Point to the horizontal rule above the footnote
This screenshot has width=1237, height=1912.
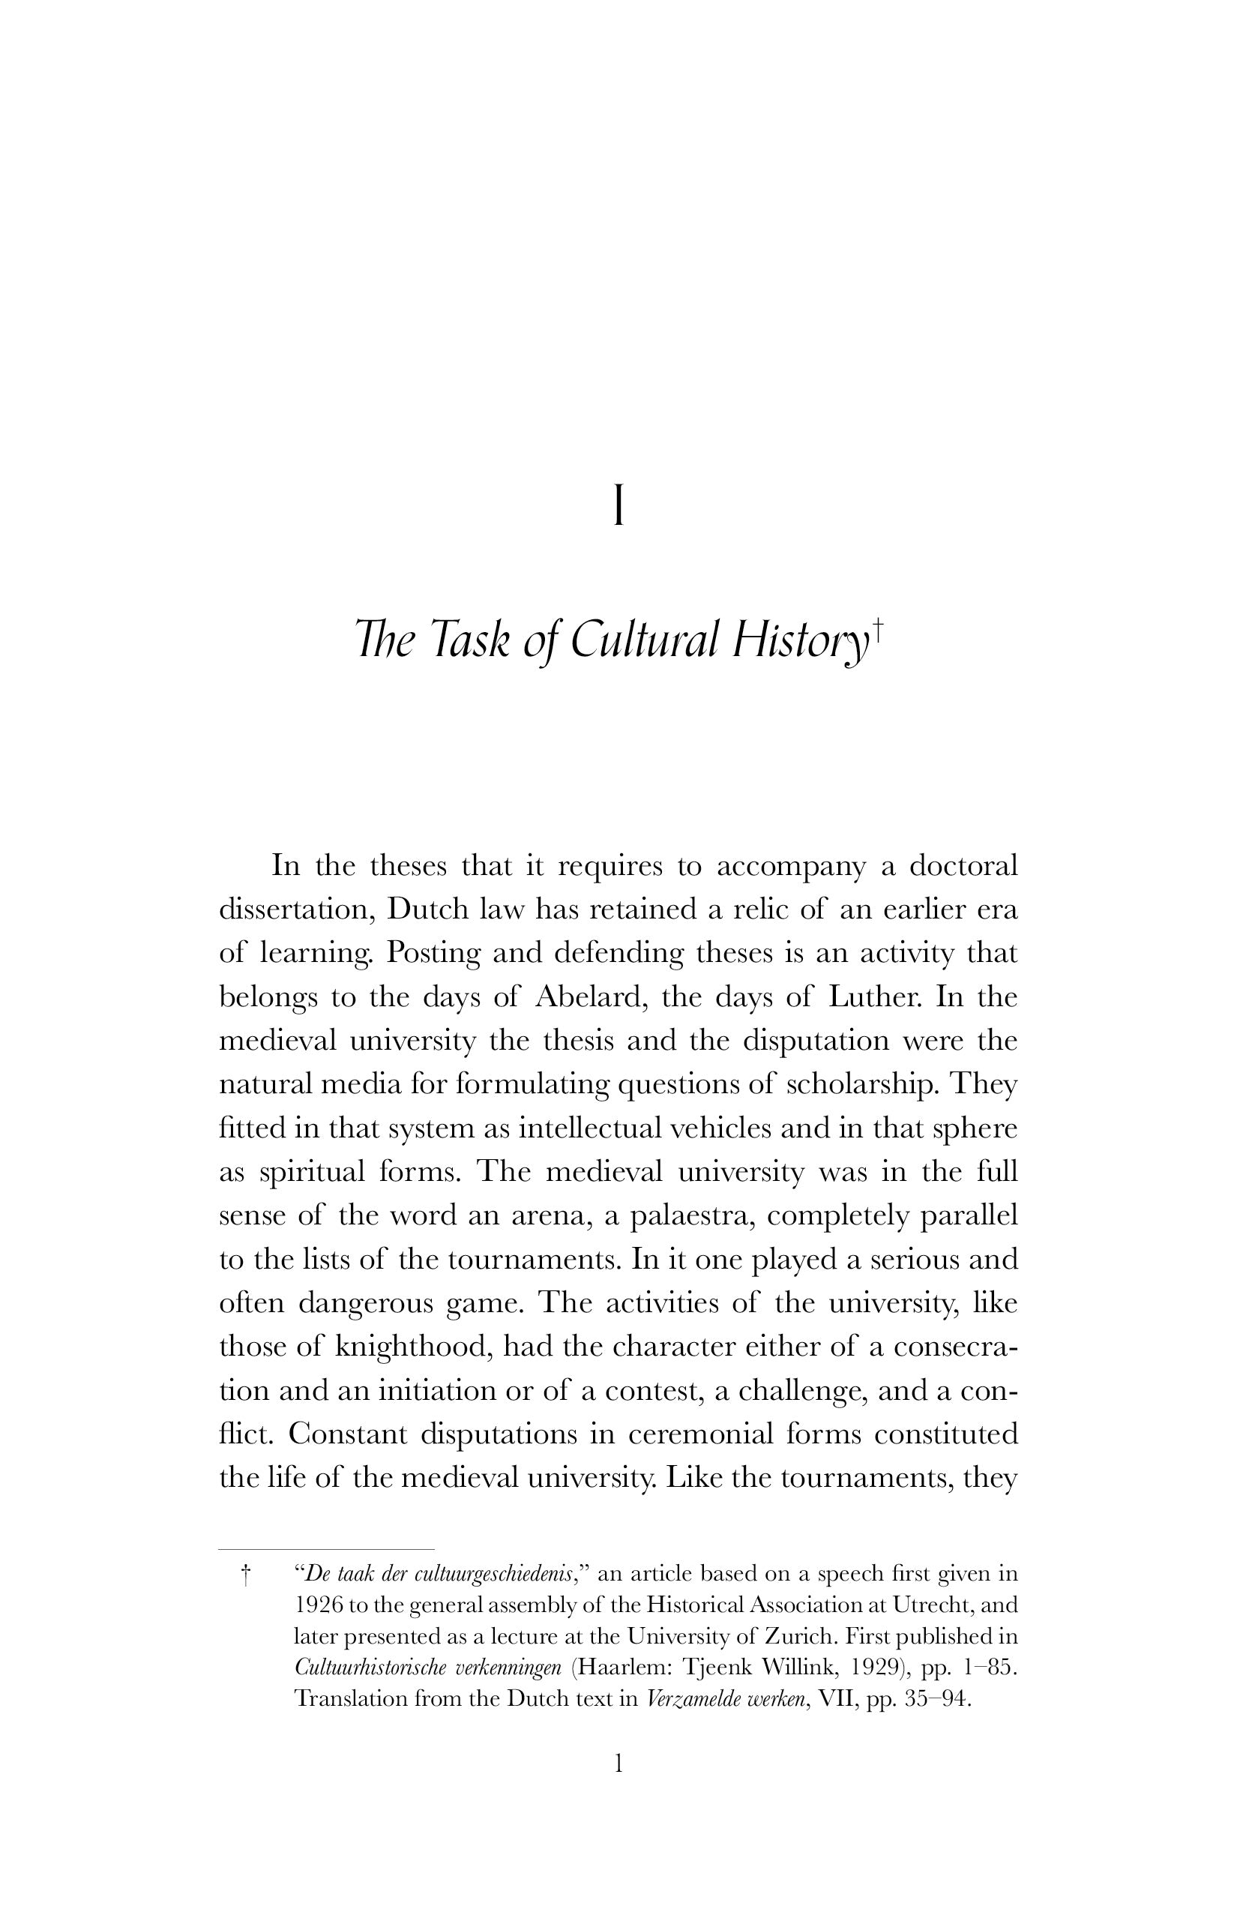pyautogui.click(x=326, y=1548)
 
